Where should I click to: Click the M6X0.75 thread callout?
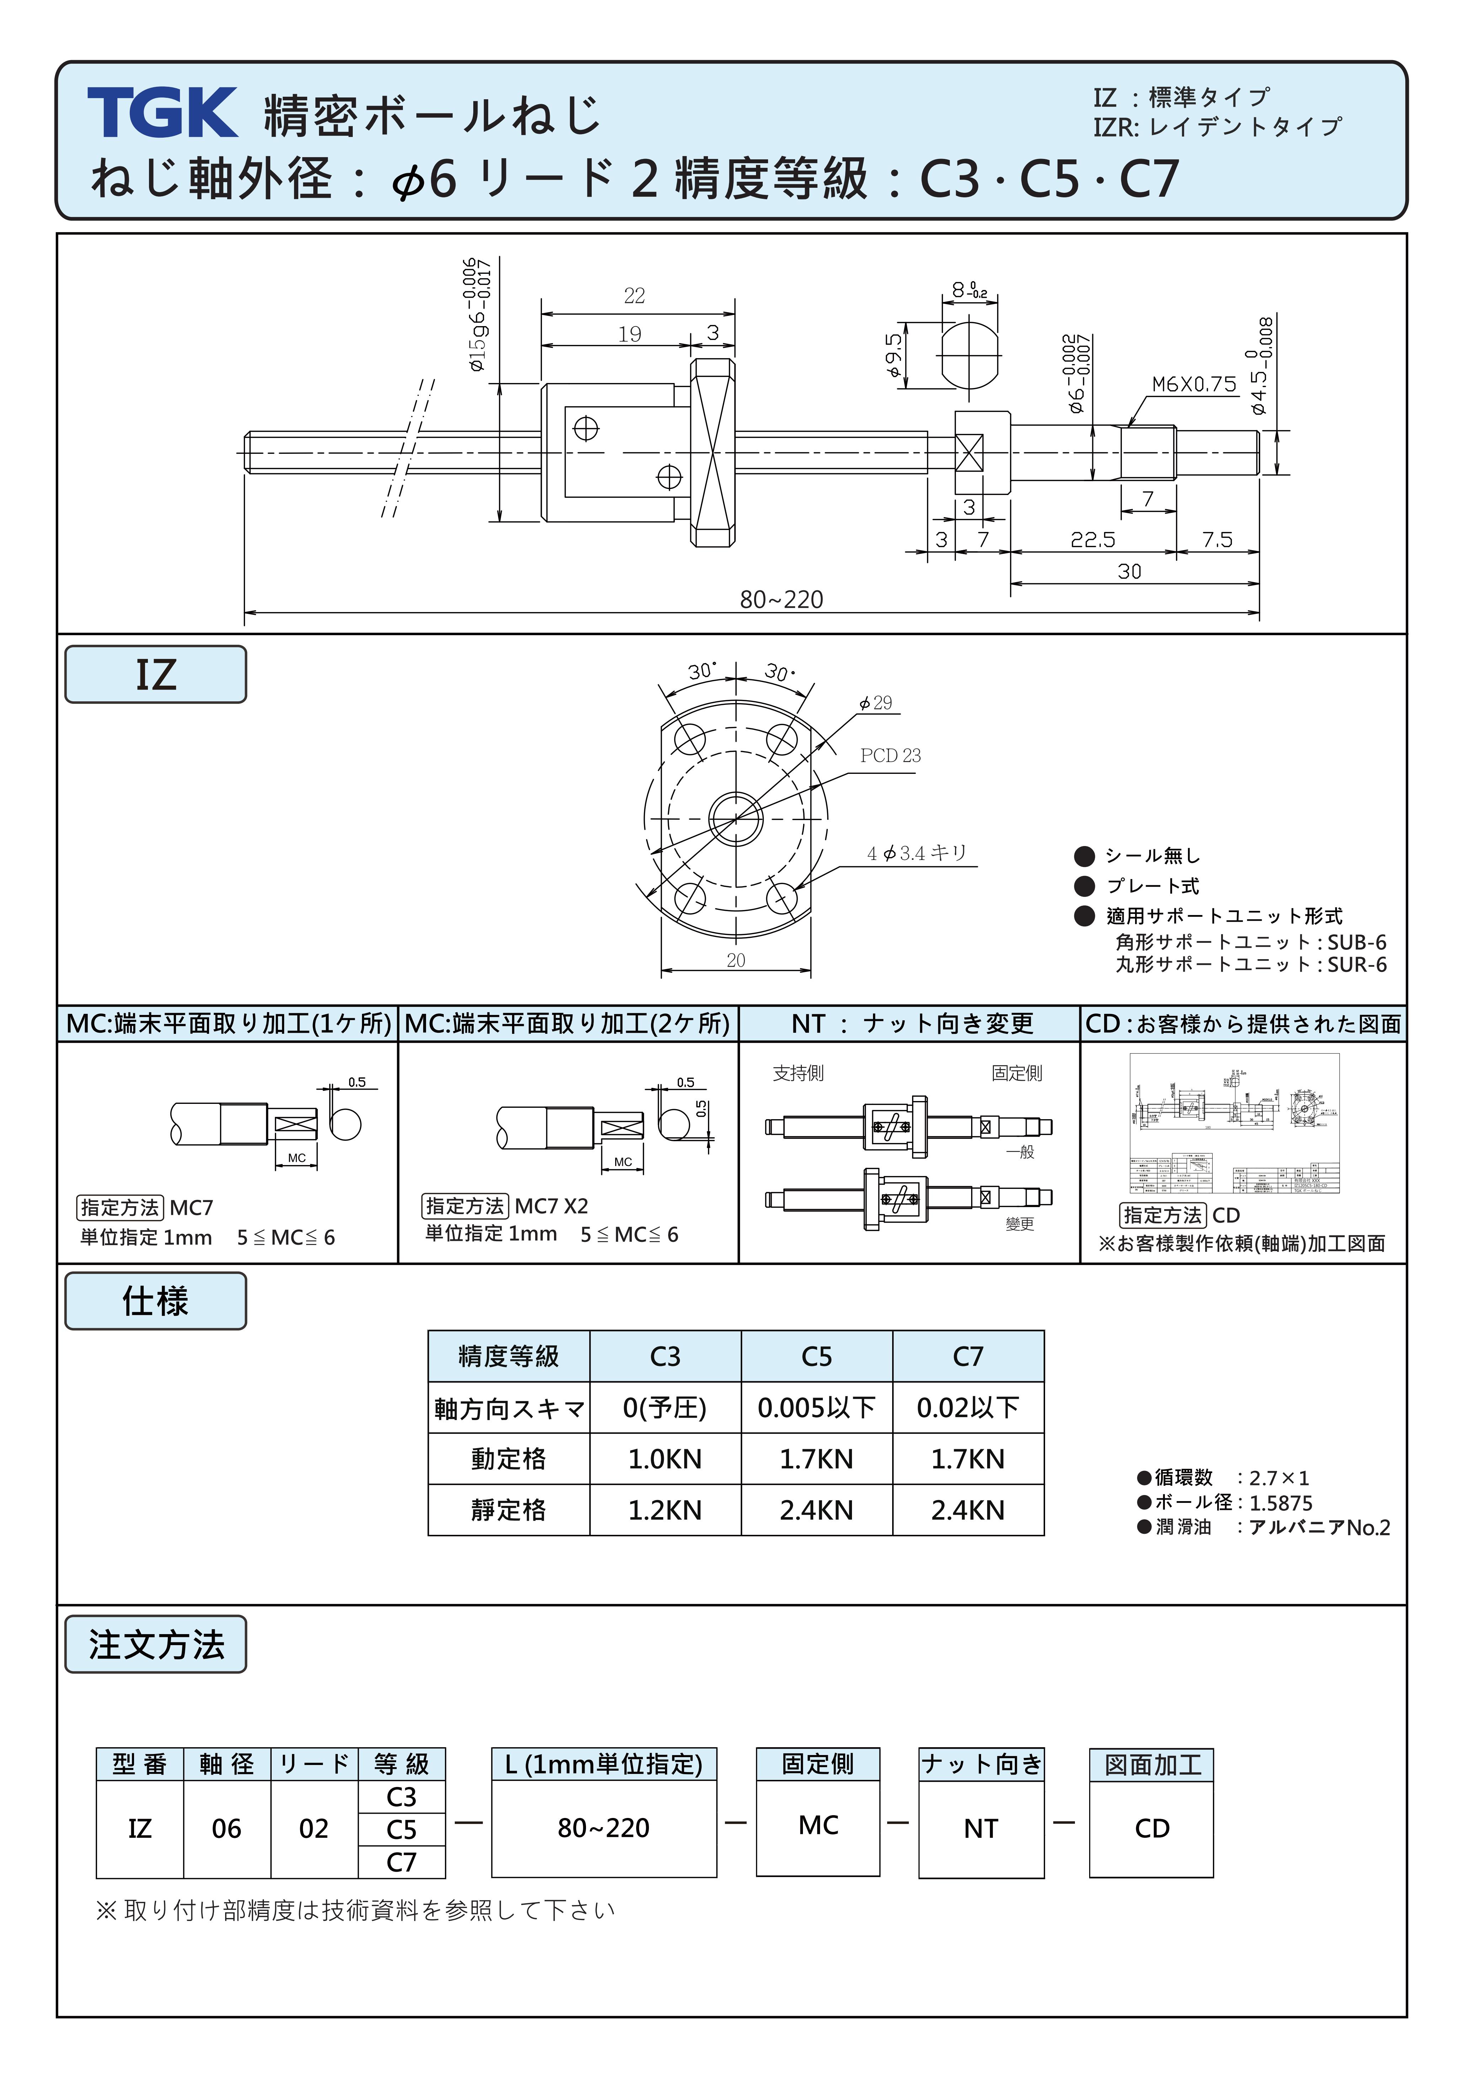click(x=1193, y=384)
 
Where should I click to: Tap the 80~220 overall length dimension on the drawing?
click(x=781, y=600)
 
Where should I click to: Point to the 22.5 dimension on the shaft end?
click(x=1092, y=540)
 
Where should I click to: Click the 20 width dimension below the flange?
click(x=736, y=960)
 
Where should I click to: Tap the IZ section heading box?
click(x=156, y=675)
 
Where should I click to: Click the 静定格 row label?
click(x=509, y=1509)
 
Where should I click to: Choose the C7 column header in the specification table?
click(x=968, y=1356)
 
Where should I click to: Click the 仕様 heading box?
click(x=156, y=1301)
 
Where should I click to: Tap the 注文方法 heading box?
click(x=156, y=1644)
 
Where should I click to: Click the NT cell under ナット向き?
click(x=980, y=1828)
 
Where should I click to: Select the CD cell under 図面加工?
click(x=1151, y=1828)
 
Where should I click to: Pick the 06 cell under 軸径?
click(x=226, y=1828)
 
